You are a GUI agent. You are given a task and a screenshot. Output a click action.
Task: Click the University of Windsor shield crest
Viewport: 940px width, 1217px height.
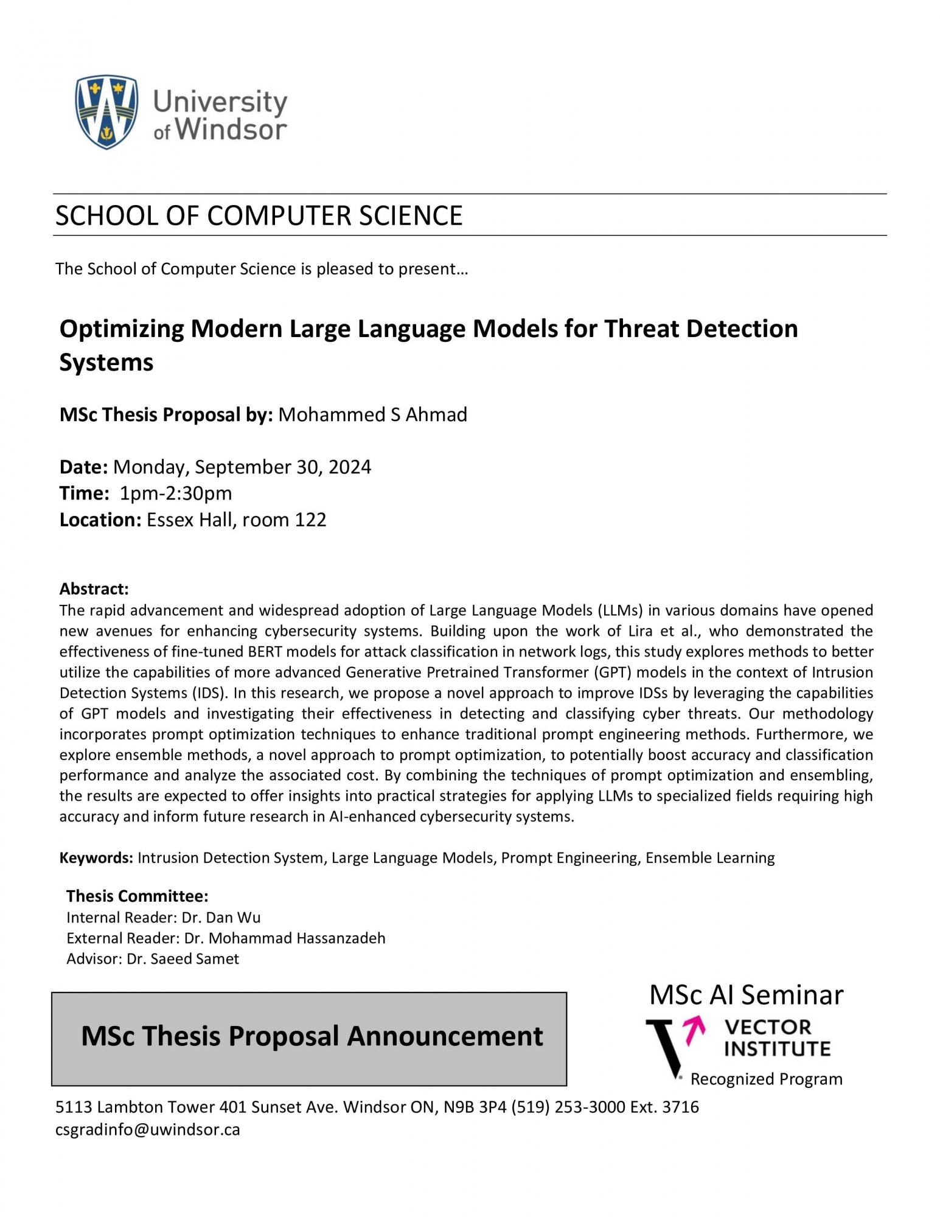click(x=106, y=112)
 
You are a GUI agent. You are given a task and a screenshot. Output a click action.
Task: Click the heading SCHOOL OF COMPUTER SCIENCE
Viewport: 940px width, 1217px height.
click(x=259, y=216)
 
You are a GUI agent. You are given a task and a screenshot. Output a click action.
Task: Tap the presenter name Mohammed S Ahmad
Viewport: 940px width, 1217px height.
click(x=372, y=415)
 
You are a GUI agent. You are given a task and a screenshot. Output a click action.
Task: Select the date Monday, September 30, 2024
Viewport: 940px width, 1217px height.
click(x=242, y=467)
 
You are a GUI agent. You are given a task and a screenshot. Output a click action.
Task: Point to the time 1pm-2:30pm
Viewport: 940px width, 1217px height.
click(x=176, y=493)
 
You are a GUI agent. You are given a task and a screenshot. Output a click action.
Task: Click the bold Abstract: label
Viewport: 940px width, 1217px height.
click(x=94, y=589)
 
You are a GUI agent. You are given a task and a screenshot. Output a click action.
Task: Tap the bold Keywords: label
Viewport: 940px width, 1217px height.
click(x=96, y=858)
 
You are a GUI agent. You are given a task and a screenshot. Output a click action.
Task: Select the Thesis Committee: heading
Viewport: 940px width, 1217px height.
click(x=137, y=896)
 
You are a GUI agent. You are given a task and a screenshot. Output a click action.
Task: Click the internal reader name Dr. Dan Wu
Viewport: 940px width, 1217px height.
click(x=222, y=918)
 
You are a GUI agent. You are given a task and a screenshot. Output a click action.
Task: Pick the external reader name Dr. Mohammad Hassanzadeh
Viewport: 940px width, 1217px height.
click(x=285, y=938)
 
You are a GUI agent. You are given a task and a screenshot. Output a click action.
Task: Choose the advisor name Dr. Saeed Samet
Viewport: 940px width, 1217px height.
click(x=183, y=959)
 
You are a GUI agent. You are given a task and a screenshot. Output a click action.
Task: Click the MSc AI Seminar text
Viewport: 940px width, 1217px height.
click(x=746, y=996)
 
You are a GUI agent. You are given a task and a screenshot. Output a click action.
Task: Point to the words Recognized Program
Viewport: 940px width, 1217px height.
click(x=766, y=1079)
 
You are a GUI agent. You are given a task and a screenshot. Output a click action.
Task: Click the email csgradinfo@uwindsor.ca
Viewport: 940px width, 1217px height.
click(x=148, y=1130)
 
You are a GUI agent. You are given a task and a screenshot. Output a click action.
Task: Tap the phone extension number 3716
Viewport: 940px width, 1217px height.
click(x=680, y=1107)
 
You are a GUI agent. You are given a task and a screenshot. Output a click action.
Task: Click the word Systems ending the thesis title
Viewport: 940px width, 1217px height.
click(x=106, y=363)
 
